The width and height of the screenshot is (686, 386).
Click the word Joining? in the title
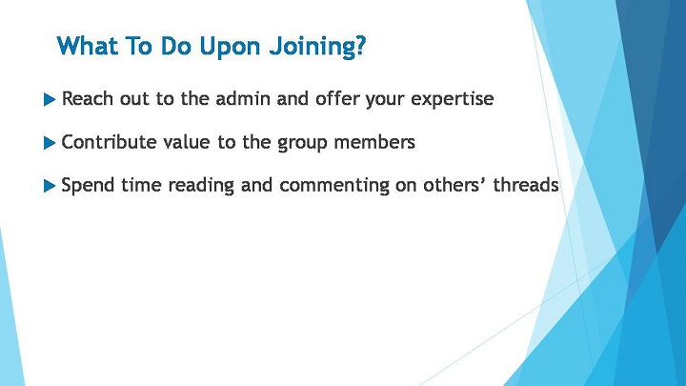(317, 47)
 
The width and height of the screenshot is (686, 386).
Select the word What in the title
(88, 46)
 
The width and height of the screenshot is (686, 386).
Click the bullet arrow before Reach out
(50, 100)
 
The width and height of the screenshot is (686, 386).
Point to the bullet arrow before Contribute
(50, 143)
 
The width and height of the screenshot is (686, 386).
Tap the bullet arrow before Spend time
(50, 186)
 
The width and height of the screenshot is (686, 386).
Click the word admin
(243, 98)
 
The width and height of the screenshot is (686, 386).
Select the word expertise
(452, 100)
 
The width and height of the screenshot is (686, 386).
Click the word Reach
(88, 98)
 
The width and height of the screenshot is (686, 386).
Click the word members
(374, 142)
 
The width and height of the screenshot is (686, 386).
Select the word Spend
(88, 186)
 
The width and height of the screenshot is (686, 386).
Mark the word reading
(201, 186)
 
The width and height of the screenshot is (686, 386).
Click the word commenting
(334, 186)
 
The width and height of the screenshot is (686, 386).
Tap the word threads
(526, 185)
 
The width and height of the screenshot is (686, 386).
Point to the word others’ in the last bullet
(454, 185)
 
